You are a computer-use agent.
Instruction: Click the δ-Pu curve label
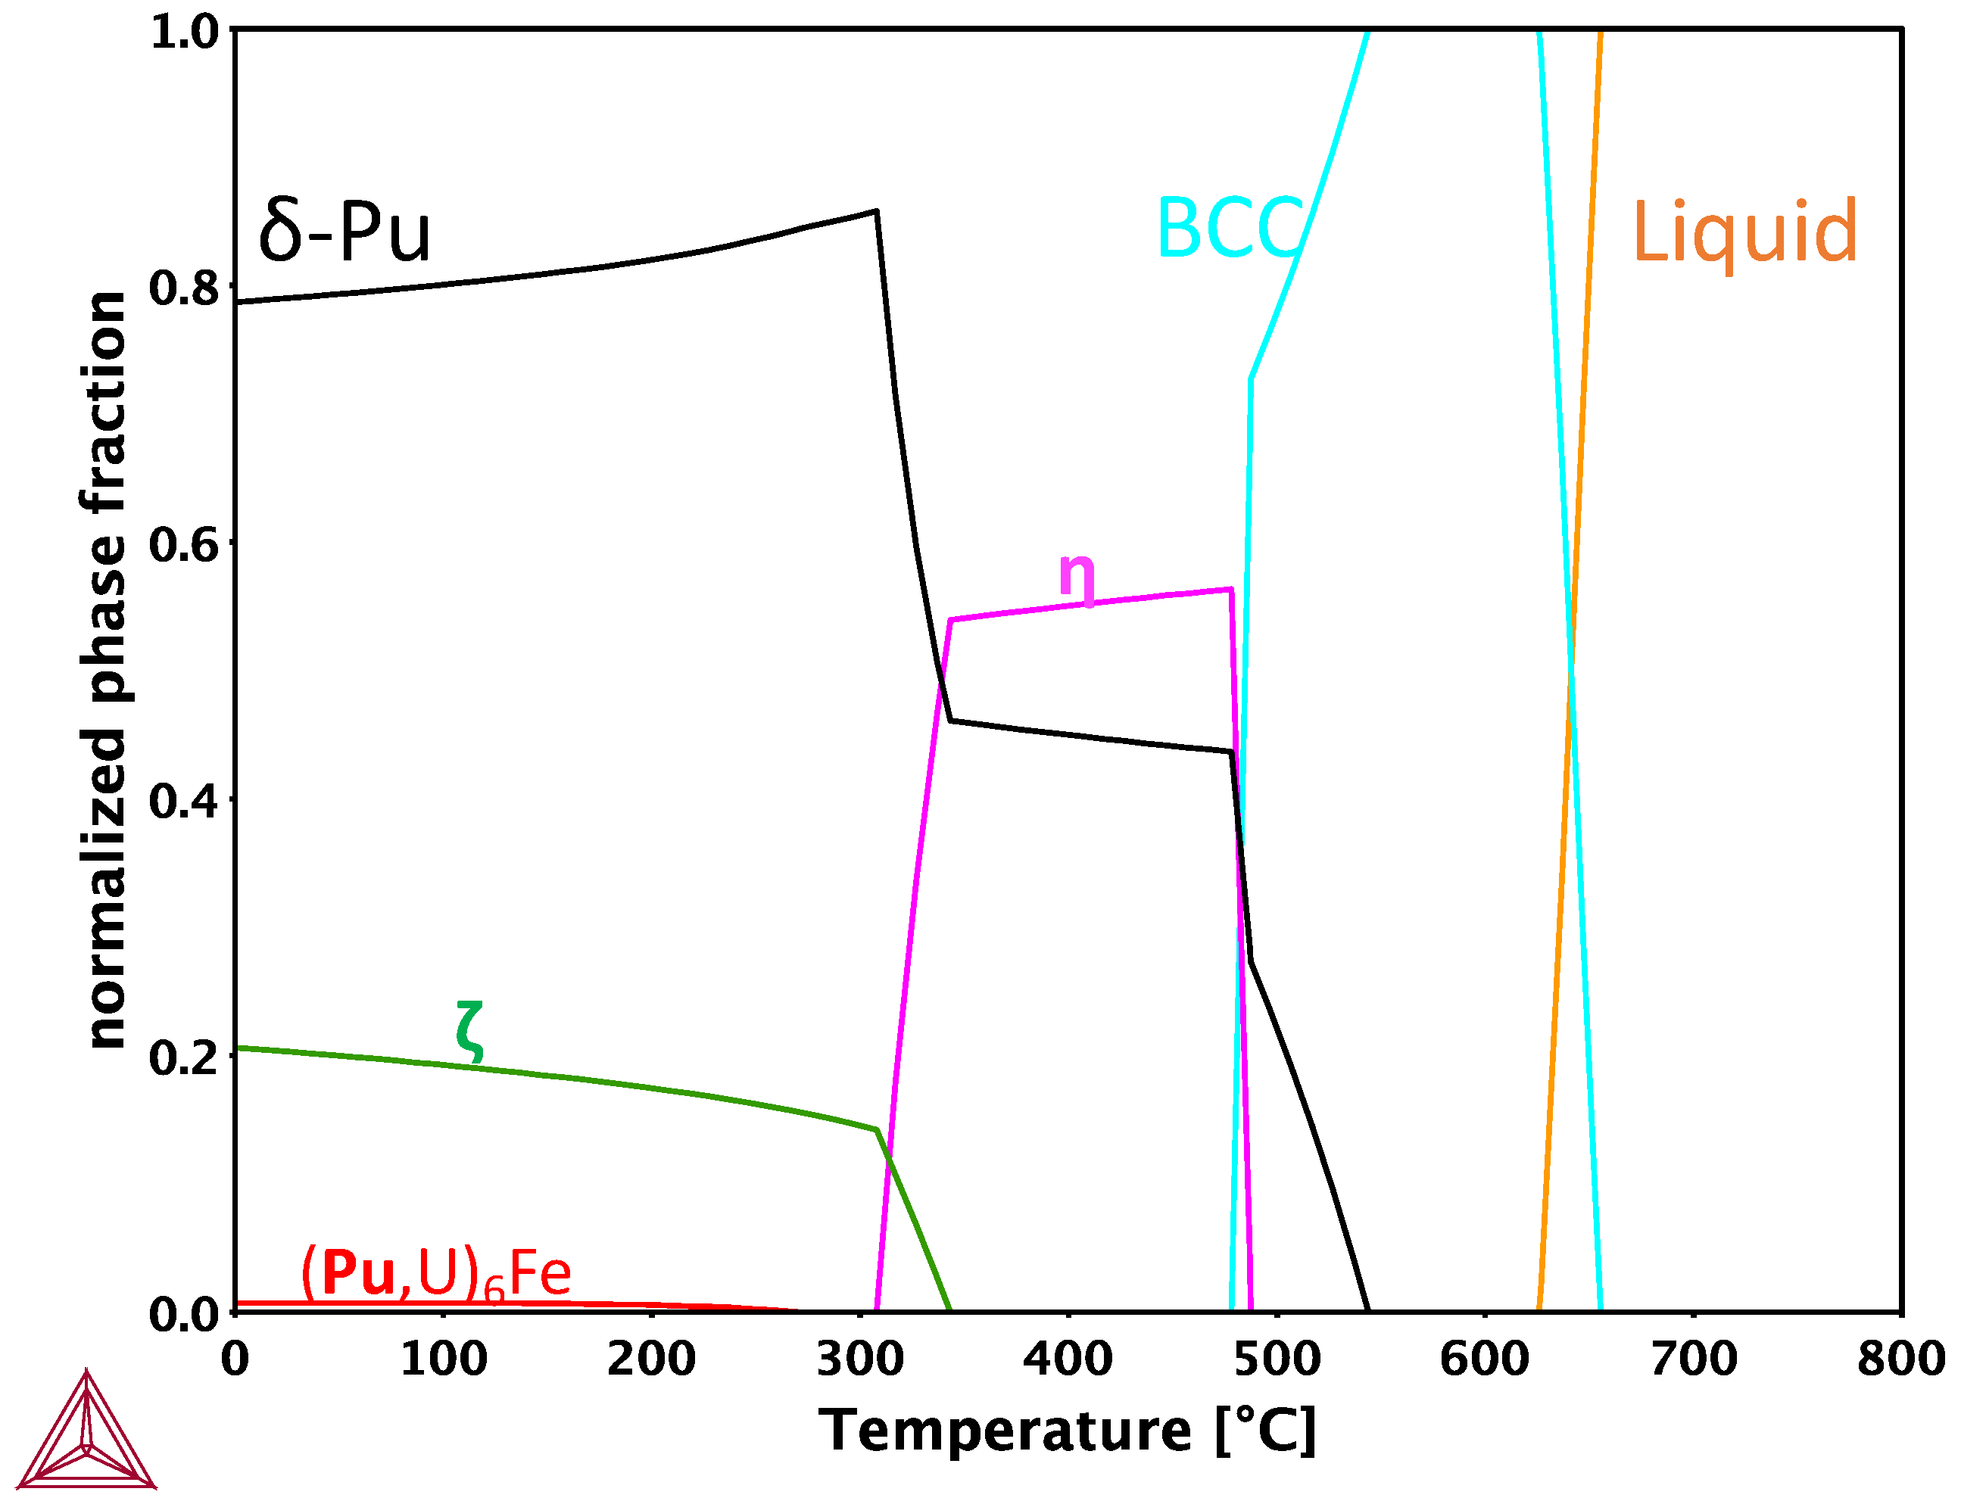click(x=344, y=231)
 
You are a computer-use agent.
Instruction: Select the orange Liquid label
click(x=1744, y=232)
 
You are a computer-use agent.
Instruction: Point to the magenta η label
click(x=1076, y=578)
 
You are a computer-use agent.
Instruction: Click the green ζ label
click(x=470, y=1032)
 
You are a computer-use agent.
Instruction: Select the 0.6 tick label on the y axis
click(x=183, y=544)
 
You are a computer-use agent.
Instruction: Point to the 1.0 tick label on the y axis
click(x=183, y=32)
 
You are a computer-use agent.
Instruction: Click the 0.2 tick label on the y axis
click(x=183, y=1057)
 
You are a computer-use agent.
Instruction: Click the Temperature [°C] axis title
click(x=1068, y=1431)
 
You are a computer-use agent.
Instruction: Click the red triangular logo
click(x=87, y=1434)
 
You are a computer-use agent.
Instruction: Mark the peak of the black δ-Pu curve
click(x=876, y=211)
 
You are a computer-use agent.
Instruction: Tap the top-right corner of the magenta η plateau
click(x=1232, y=589)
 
